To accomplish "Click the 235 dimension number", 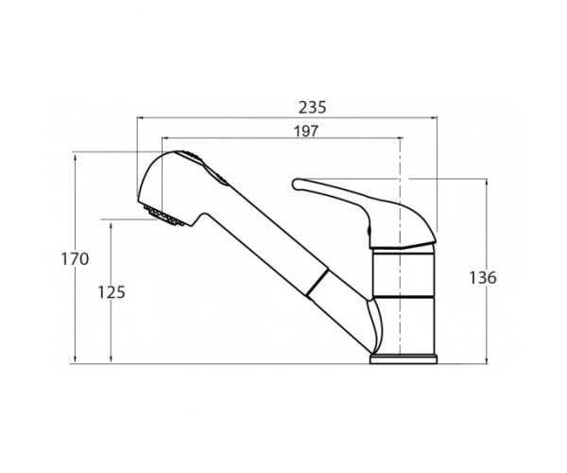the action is pos(312,108).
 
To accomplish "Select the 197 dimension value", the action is pos(306,131).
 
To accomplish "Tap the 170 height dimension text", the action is pos(75,259).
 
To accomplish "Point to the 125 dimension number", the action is pos(112,292).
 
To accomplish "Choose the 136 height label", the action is pos(483,278).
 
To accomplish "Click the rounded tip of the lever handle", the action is pos(296,184).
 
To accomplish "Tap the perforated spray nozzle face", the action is pos(164,216).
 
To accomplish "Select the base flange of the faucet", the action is pos(404,359).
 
